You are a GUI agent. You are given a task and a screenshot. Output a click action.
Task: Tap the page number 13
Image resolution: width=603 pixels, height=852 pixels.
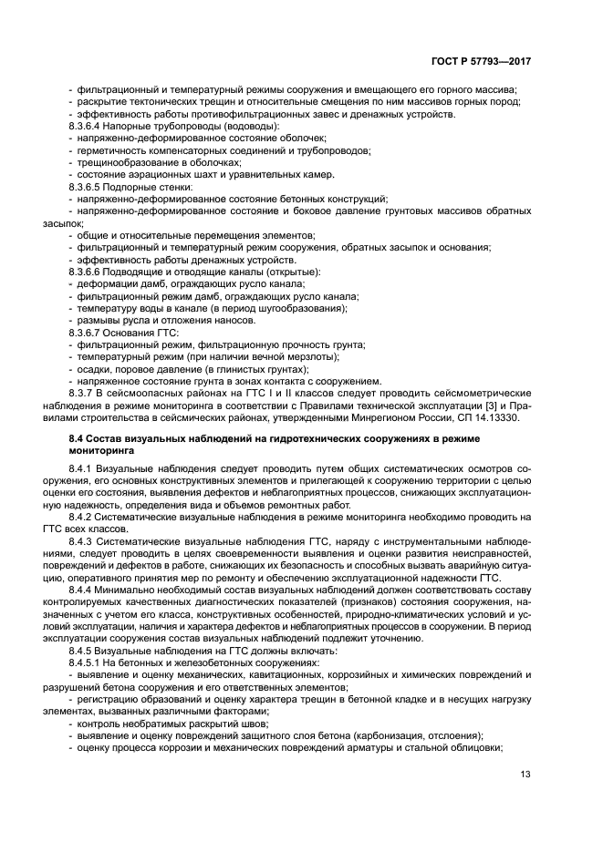(525, 775)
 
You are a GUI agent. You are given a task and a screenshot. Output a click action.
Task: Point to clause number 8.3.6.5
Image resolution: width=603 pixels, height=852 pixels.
(88, 186)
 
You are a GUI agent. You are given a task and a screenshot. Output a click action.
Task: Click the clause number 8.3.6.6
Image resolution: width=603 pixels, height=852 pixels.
(88, 271)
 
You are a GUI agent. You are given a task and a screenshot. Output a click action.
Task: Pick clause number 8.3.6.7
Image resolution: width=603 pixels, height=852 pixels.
(88, 332)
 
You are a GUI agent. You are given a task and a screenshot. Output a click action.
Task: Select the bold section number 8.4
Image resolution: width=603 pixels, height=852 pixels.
(78, 438)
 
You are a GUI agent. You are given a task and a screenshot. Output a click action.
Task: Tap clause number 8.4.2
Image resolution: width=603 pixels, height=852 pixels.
(82, 517)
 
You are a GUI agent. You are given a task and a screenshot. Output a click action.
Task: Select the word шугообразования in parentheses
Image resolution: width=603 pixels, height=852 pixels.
(295, 307)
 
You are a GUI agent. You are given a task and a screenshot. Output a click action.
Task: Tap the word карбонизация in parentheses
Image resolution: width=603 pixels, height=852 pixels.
(401, 735)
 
